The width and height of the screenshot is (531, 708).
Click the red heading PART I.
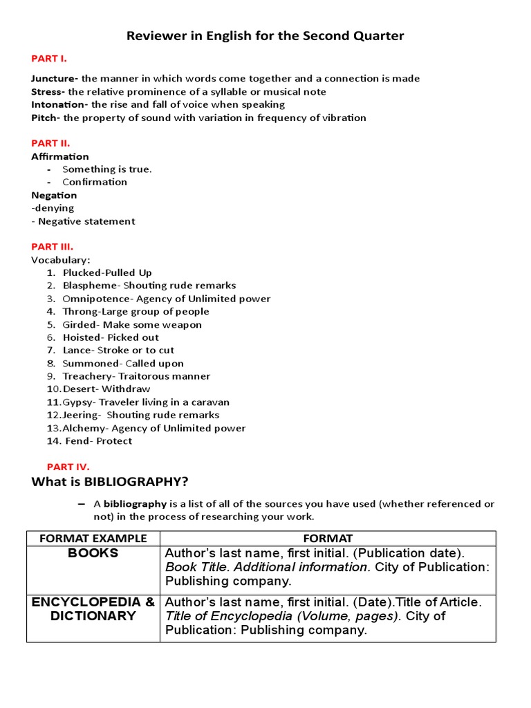[48, 59]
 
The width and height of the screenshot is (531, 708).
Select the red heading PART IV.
[68, 467]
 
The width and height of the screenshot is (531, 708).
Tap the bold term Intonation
[59, 104]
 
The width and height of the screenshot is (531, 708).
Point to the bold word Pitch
[45, 118]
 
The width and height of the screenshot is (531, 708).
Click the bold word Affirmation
[60, 156]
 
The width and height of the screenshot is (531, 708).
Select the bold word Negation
[54, 195]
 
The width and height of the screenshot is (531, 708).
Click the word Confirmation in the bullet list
[95, 182]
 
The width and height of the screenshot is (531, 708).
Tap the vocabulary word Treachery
[87, 376]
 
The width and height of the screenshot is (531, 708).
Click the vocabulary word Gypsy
[79, 402]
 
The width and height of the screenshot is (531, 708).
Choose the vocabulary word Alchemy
[84, 428]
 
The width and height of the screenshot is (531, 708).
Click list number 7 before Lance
[51, 350]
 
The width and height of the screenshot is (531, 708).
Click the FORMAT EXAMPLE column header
[93, 538]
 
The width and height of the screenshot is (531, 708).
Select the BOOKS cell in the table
[93, 553]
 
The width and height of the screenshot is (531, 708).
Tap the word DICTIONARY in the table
[93, 615]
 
